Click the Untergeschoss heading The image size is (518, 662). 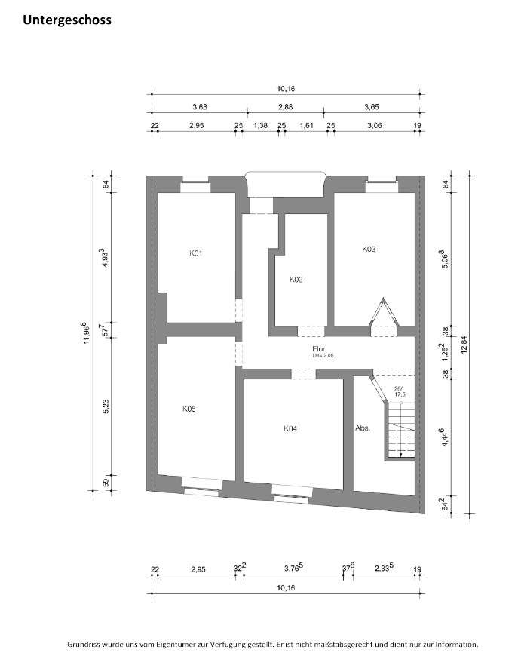click(67, 20)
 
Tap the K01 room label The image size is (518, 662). click(196, 253)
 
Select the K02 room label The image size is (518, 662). click(296, 280)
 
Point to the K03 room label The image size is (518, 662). click(369, 249)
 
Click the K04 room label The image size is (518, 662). click(290, 428)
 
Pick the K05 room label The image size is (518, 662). click(189, 409)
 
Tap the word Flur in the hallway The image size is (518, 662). click(319, 349)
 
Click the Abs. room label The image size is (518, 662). click(363, 428)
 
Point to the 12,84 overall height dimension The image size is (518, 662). click(464, 343)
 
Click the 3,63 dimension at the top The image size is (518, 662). click(200, 107)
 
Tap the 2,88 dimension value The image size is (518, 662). click(285, 107)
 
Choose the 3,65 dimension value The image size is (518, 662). click(372, 107)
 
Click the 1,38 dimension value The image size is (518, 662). click(260, 125)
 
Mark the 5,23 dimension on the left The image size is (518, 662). click(106, 406)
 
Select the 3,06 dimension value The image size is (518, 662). click(375, 125)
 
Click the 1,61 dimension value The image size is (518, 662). click(306, 125)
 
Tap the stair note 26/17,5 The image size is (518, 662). click(400, 391)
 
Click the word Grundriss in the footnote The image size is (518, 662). click(81, 645)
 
